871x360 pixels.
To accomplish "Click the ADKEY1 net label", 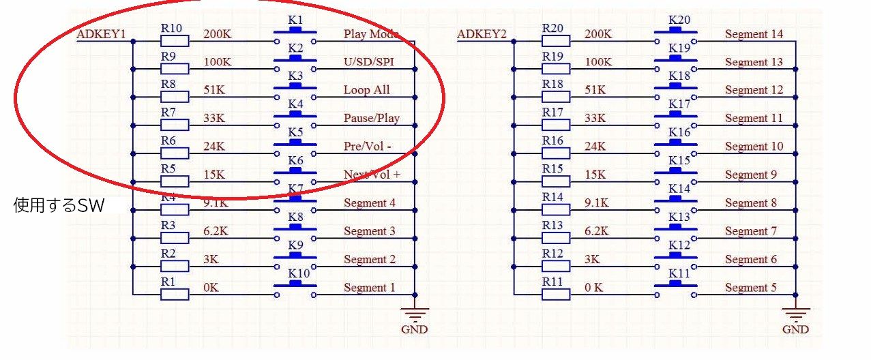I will pyautogui.click(x=102, y=35).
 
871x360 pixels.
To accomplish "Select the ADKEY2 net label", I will pyautogui.click(x=482, y=35).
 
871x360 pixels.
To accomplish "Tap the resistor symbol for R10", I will pyautogui.click(x=175, y=41).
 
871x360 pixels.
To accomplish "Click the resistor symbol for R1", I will pyautogui.click(x=175, y=295).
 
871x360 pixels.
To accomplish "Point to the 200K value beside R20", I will pyautogui.click(x=600, y=34).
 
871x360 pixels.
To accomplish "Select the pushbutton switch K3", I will pyautogui.click(x=295, y=94).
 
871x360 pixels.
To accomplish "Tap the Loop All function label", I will pyautogui.click(x=367, y=91).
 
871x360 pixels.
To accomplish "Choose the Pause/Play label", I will pyautogui.click(x=372, y=119).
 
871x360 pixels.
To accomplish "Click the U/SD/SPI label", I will pyautogui.click(x=369, y=63).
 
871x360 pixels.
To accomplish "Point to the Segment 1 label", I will pyautogui.click(x=369, y=288).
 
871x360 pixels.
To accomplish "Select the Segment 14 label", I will pyautogui.click(x=754, y=34).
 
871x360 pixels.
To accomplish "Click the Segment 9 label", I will pyautogui.click(x=750, y=175).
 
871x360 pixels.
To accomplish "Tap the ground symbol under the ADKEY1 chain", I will pyautogui.click(x=414, y=316).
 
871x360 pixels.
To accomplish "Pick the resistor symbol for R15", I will pyautogui.click(x=556, y=182).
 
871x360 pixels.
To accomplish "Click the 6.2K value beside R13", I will pyautogui.click(x=597, y=231).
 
